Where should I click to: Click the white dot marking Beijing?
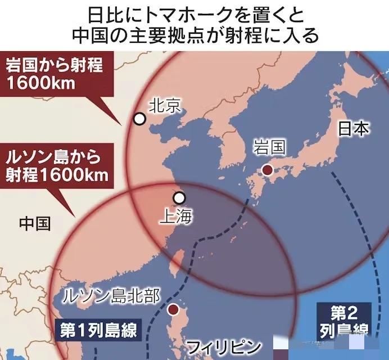(x=139, y=119)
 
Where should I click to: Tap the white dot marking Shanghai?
(x=179, y=198)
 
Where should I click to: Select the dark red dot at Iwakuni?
(x=268, y=170)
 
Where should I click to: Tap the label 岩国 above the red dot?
(x=269, y=148)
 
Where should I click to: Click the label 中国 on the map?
(x=35, y=223)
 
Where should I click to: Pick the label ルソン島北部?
(x=112, y=294)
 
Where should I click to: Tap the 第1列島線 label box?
(x=98, y=330)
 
